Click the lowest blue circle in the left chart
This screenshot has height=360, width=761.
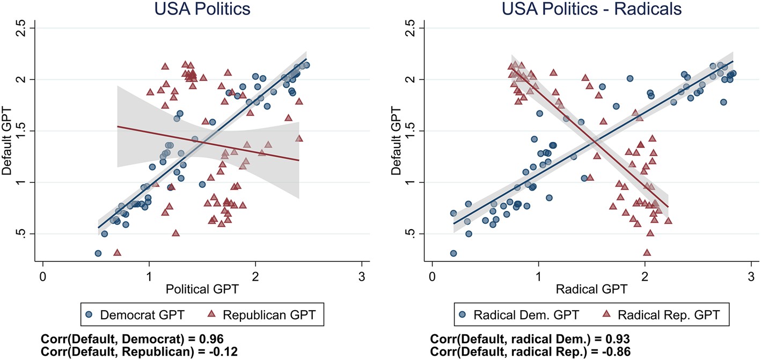pos(98,253)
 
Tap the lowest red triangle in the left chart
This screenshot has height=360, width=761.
pos(117,252)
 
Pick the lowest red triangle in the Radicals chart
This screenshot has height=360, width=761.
pos(647,252)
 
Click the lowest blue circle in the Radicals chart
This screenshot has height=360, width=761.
pos(453,253)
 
